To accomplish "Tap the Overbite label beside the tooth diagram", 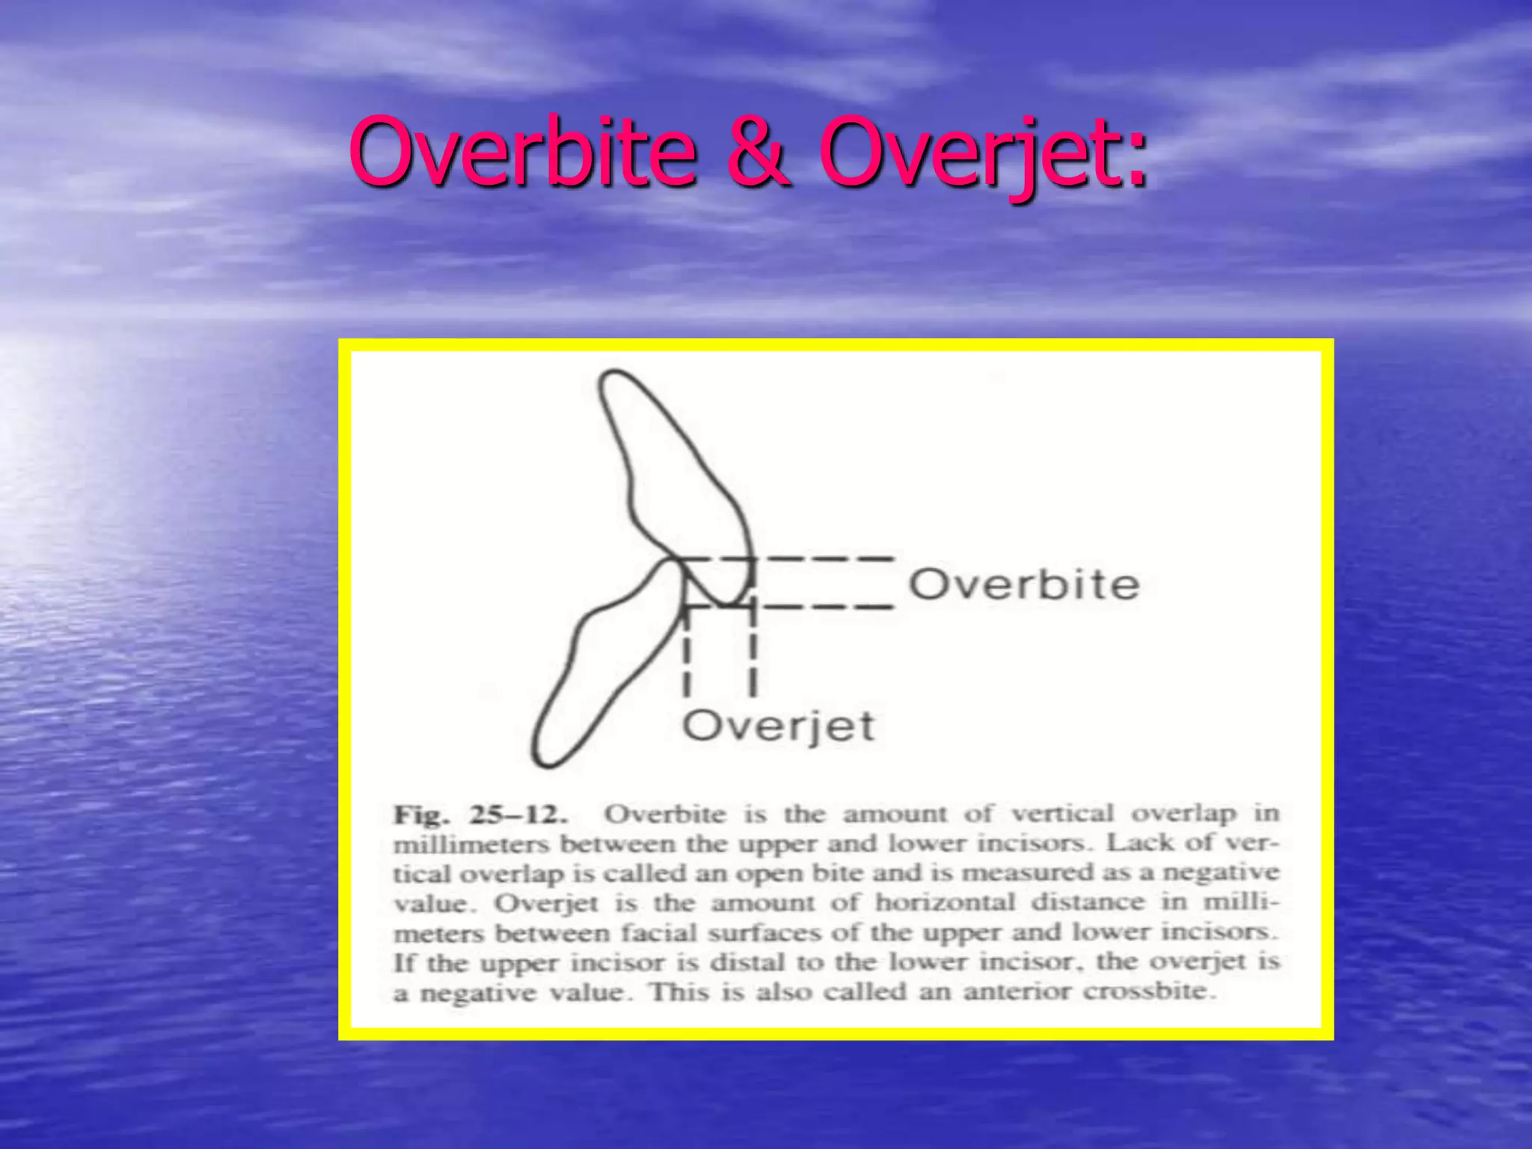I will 1023,584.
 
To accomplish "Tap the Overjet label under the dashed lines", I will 778,726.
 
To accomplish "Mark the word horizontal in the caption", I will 946,903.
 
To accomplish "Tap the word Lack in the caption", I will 1139,844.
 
